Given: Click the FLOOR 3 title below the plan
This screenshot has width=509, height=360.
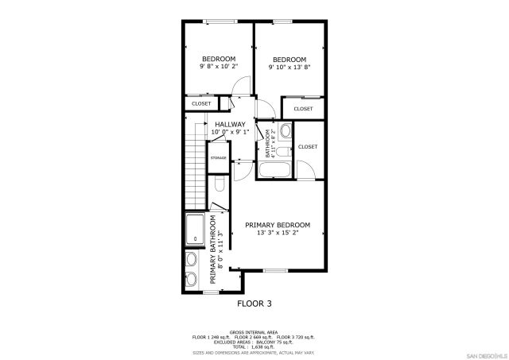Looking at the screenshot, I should [x=254, y=303].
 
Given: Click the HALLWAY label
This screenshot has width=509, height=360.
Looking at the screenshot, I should [x=230, y=124].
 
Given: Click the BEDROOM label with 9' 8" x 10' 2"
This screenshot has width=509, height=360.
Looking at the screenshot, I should [x=219, y=59].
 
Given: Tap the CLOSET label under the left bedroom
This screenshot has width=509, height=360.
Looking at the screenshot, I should [x=202, y=103].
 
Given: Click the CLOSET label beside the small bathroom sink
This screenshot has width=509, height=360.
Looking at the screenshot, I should [x=308, y=146].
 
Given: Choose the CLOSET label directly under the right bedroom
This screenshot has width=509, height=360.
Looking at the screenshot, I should [x=303, y=108].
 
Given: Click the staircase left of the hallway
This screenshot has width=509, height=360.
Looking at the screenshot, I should [x=192, y=164].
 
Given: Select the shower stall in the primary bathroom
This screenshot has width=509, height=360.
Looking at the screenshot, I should [x=195, y=230].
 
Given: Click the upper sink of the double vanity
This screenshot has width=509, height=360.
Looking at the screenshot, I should [x=191, y=259].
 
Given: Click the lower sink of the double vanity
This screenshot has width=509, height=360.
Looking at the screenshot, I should [x=191, y=278].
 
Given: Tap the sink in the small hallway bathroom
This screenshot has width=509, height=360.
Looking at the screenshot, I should [x=286, y=130].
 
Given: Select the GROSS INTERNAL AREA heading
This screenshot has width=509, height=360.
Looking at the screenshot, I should [x=254, y=331].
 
